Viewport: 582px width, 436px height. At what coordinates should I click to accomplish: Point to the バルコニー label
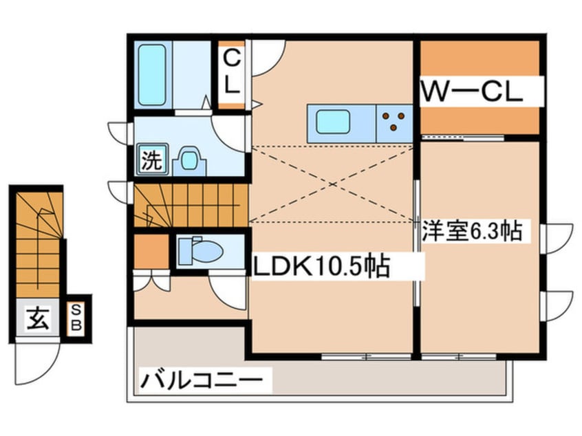click(203, 379)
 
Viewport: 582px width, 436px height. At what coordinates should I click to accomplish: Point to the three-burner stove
click(394, 123)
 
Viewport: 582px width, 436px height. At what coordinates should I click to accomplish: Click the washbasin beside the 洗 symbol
click(188, 160)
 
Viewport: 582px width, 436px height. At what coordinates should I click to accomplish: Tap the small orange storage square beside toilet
click(151, 252)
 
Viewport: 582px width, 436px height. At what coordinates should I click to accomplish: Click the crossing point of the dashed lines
click(332, 184)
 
